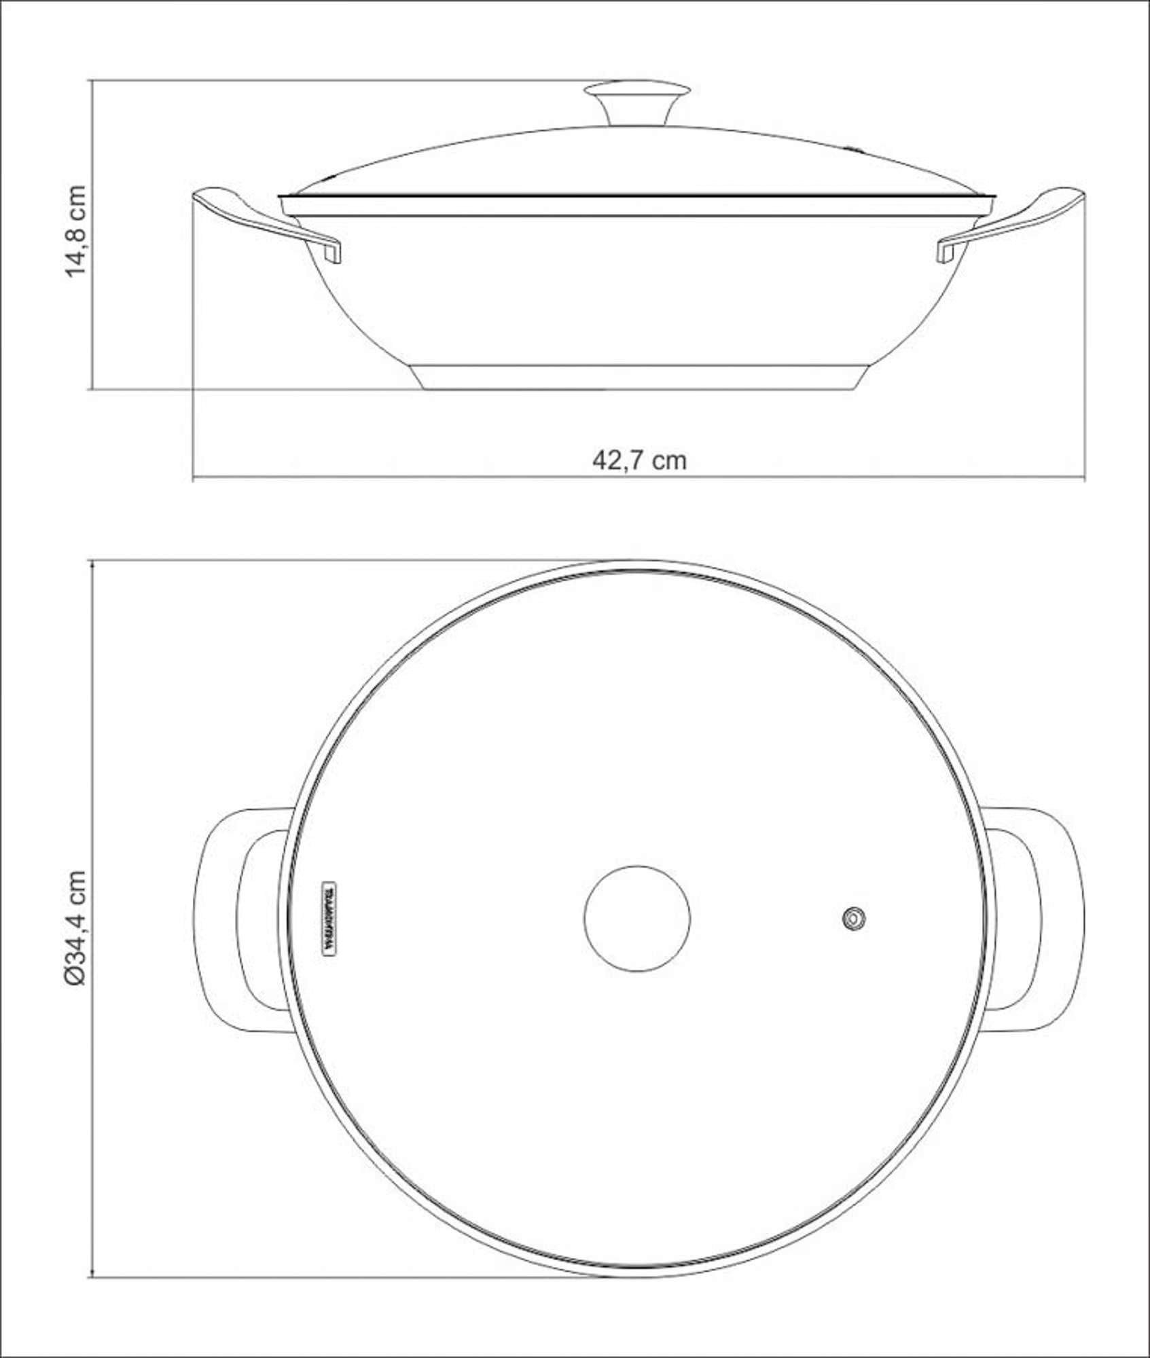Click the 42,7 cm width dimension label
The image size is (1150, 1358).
639,460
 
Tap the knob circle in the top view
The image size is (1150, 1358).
637,918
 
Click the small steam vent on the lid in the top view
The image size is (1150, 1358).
854,919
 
